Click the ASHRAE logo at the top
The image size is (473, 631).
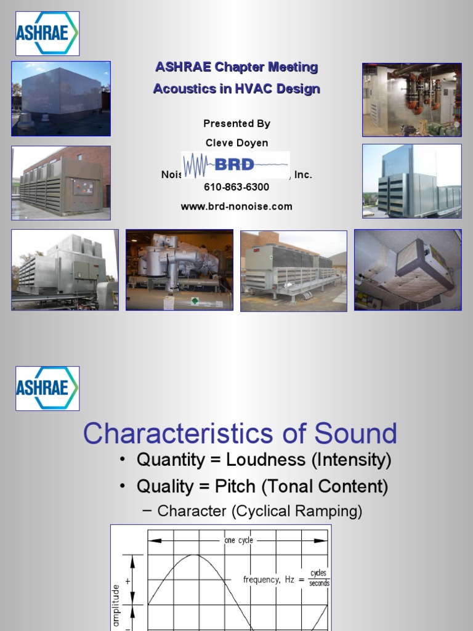tap(47, 33)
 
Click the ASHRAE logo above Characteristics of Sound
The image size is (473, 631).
tap(47, 388)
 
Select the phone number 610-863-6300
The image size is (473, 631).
tap(236, 187)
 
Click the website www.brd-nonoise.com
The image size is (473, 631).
tap(236, 206)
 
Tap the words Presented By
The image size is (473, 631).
tap(236, 123)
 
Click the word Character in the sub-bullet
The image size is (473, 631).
tap(191, 511)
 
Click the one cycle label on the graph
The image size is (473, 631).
tap(238, 540)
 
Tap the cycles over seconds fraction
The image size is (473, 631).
tap(318, 579)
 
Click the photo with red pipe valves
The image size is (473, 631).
tap(411, 99)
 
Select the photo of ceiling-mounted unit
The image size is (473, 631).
tap(408, 270)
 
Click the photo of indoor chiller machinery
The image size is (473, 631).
tap(179, 270)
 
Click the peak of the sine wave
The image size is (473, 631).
tap(194, 555)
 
